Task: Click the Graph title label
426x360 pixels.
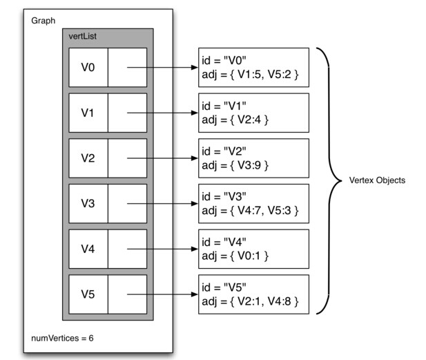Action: (43, 21)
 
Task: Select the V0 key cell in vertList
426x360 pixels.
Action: (88, 67)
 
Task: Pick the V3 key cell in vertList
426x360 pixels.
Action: (88, 203)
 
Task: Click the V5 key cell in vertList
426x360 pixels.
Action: (88, 294)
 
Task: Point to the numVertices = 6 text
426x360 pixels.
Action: (63, 338)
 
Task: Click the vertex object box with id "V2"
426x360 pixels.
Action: (253, 158)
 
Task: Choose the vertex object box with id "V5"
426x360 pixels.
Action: (253, 294)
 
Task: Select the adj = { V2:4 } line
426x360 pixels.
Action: (234, 120)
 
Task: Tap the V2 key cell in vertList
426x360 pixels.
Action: (88, 158)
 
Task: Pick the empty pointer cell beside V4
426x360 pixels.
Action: (127, 249)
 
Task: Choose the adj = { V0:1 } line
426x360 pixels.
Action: (234, 256)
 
